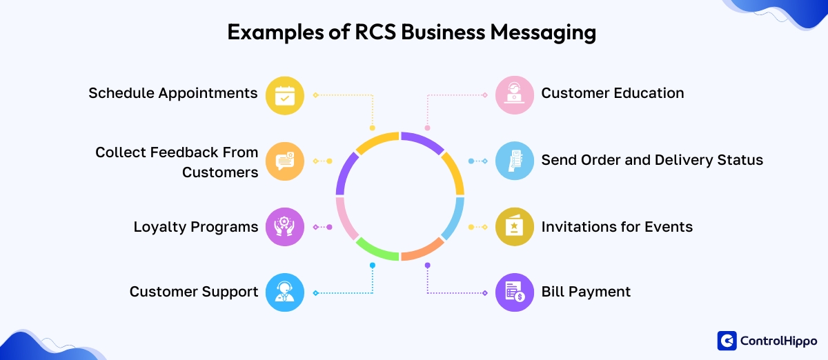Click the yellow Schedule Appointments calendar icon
(284, 95)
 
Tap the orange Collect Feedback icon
(284, 161)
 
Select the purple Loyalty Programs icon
(284, 227)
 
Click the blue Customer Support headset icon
(284, 292)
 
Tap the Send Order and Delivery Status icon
(515, 161)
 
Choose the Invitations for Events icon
(515, 227)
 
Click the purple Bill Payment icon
(515, 292)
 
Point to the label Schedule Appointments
(172, 93)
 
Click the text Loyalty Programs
(196, 227)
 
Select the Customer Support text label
(194, 292)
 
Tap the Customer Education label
(612, 93)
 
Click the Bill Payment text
(586, 292)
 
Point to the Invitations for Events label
(616, 227)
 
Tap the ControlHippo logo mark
(727, 341)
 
